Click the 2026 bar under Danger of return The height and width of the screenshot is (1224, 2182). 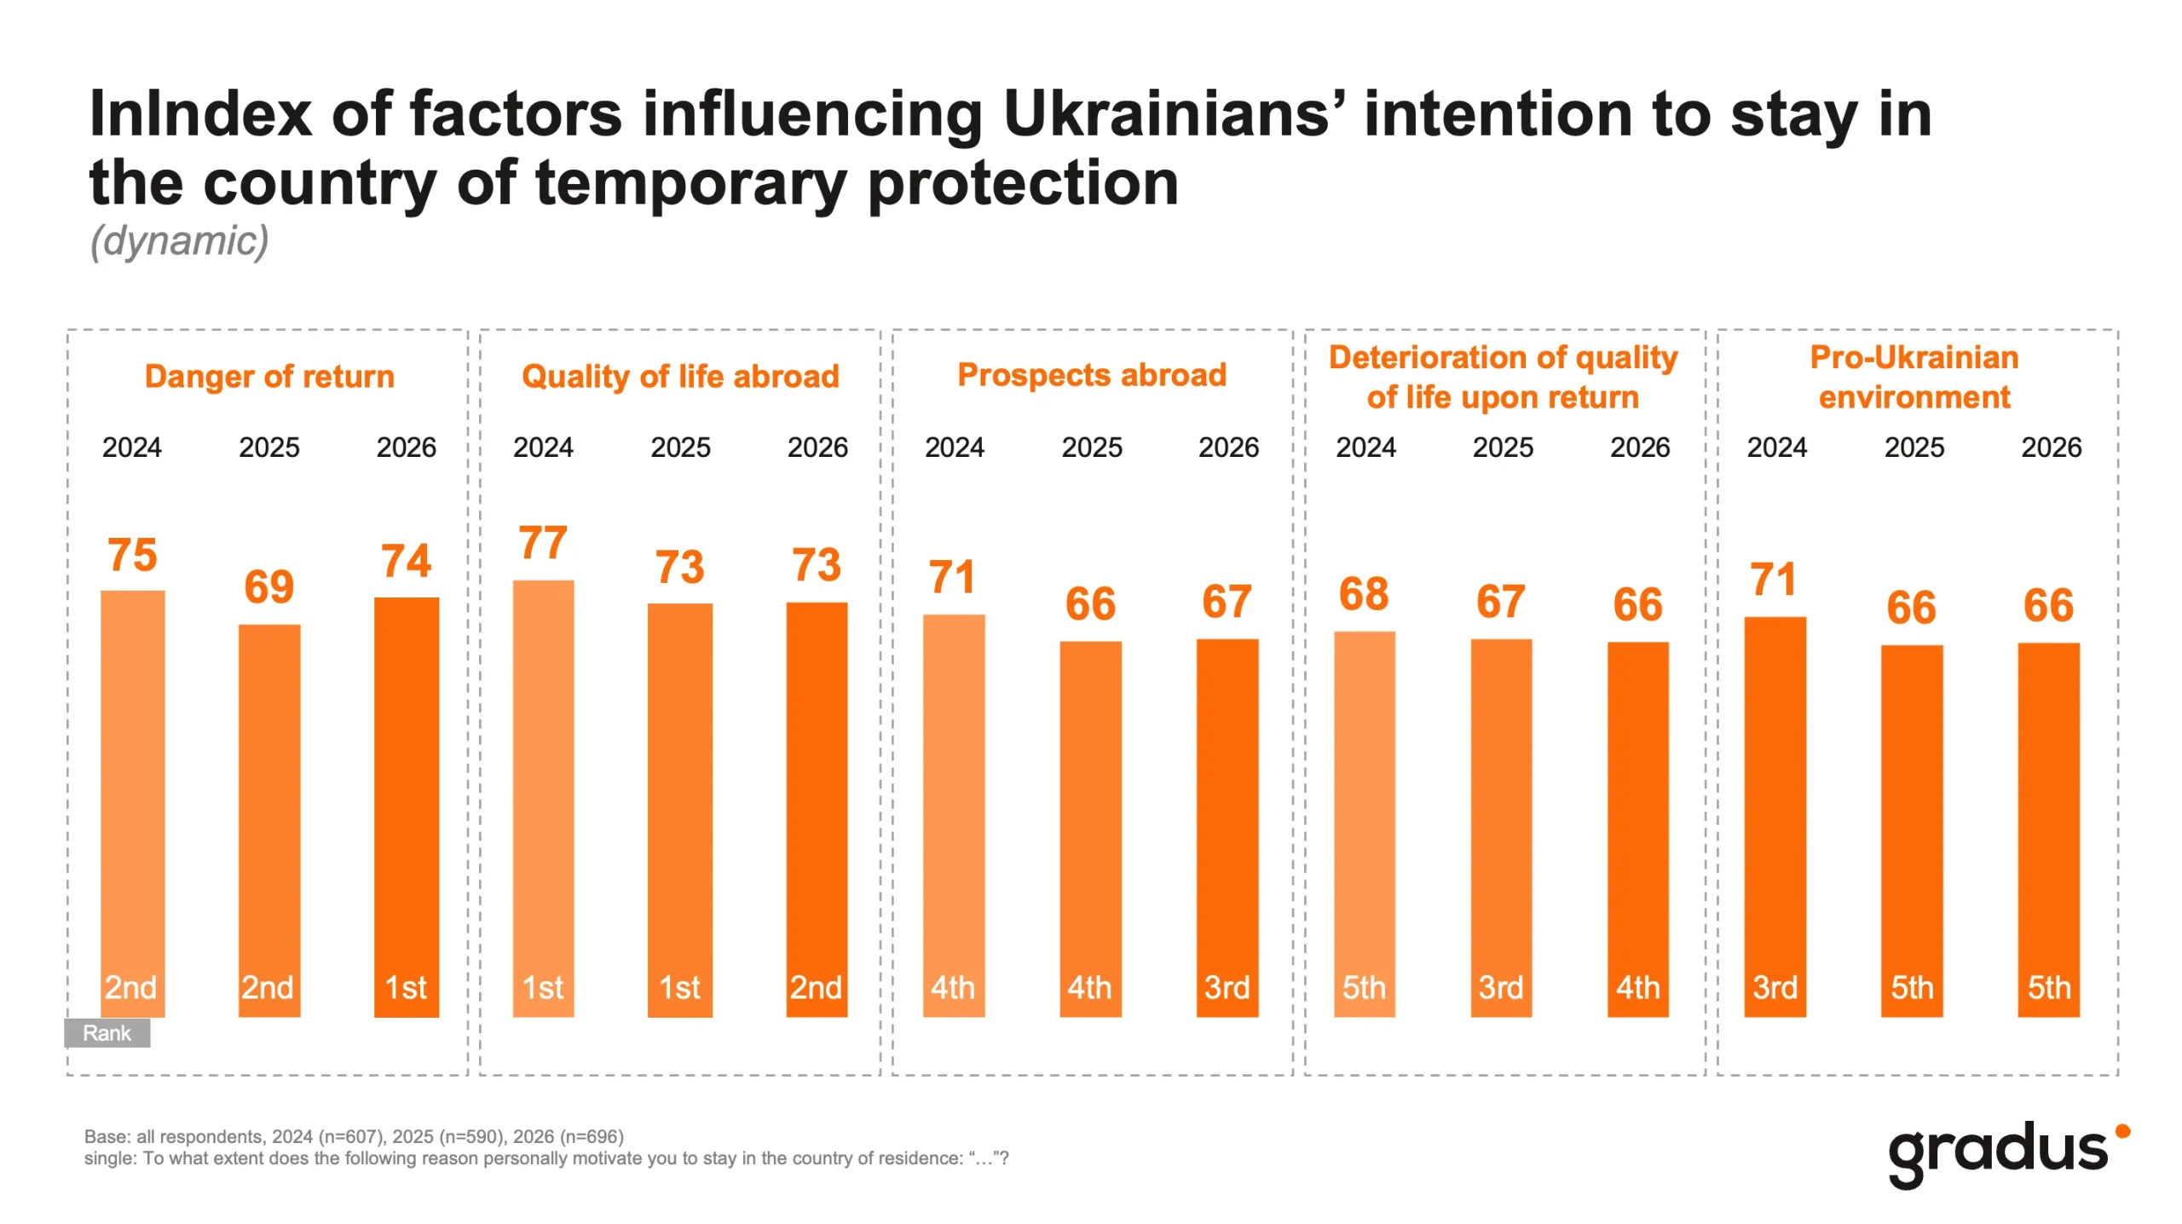pos(407,806)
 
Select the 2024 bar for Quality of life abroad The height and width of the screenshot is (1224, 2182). pos(543,798)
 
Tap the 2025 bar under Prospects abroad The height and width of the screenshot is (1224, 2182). pos(1090,829)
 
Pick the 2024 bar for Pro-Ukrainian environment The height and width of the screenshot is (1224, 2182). pos(1775,817)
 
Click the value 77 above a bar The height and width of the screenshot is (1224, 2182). pos(543,543)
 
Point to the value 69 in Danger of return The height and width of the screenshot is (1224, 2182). pos(268,586)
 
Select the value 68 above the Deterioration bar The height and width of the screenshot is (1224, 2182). pos(1364,594)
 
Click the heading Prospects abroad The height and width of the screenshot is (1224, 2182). pos(1092,375)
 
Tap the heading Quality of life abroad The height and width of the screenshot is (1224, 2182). pos(680,376)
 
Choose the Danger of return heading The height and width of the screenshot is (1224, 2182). pos(269,376)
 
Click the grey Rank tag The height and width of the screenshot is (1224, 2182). pos(107,1032)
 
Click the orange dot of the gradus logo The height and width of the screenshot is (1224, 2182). pos(2122,1131)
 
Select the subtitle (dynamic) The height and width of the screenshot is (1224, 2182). pos(180,240)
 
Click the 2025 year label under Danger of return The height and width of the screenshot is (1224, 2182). pos(269,447)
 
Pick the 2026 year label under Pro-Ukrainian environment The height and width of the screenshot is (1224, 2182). pos(2051,447)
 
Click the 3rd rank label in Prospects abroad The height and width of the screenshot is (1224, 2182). pos(1227,988)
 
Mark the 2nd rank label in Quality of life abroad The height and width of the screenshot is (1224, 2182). pos(816,988)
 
